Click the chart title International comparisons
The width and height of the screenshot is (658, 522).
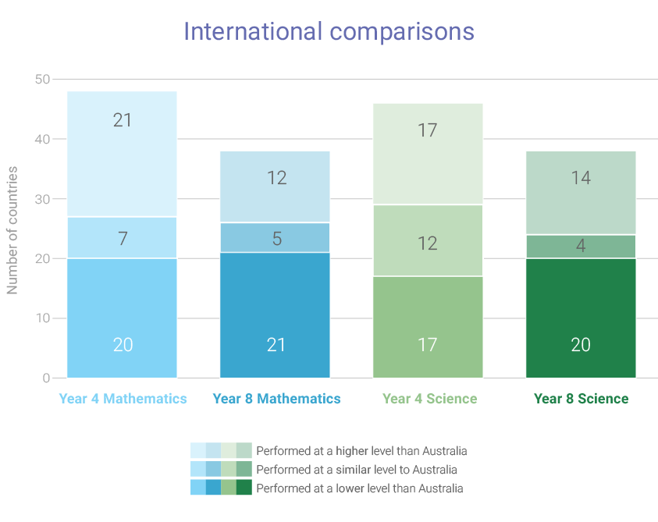tap(329, 32)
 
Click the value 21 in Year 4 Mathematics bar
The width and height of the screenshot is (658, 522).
tap(123, 121)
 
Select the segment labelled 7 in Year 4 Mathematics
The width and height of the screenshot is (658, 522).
tap(123, 238)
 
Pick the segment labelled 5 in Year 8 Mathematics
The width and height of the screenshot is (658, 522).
tap(276, 238)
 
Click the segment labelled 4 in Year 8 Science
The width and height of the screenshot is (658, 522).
tap(580, 246)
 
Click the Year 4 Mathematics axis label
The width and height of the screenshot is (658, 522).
tap(123, 399)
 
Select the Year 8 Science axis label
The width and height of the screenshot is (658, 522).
tap(581, 399)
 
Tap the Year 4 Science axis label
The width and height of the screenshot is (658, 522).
tap(429, 399)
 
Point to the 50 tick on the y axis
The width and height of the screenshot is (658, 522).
tap(42, 80)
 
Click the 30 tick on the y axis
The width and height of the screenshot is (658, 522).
tap(42, 199)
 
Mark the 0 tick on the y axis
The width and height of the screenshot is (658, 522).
tap(46, 378)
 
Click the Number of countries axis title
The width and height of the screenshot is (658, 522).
tap(12, 229)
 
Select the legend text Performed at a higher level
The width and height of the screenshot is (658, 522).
tap(361, 451)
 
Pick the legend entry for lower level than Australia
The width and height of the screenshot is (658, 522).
tap(359, 488)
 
